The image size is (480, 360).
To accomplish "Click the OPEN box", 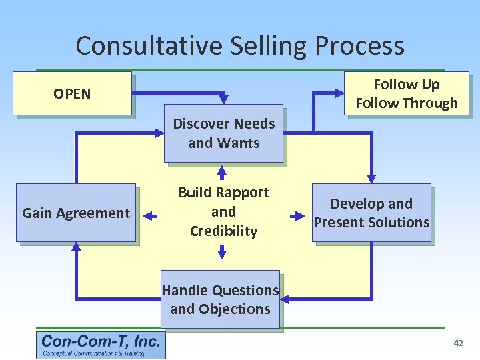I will click(x=73, y=93).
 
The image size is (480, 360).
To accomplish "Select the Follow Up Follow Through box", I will click(x=406, y=93).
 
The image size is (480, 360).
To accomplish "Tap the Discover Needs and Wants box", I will click(x=223, y=133).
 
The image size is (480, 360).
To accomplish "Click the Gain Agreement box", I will click(x=76, y=213).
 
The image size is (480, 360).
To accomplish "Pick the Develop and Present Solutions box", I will click(x=372, y=213).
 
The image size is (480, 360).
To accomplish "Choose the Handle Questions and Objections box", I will click(x=220, y=299).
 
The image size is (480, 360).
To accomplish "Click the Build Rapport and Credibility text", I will click(x=223, y=212).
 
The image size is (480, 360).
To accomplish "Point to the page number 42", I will click(x=458, y=343).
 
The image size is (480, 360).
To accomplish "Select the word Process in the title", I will click(x=359, y=46).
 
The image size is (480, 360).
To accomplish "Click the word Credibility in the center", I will click(x=223, y=231).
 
